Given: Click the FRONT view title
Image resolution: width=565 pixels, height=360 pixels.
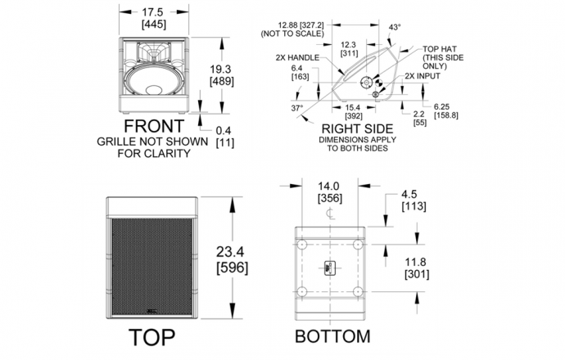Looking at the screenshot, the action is (154, 126).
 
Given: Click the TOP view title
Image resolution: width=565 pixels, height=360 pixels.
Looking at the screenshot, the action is (151, 337).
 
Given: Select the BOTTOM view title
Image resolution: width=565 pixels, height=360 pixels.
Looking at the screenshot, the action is (332, 336).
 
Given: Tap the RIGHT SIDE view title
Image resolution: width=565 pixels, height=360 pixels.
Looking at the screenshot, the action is (357, 129).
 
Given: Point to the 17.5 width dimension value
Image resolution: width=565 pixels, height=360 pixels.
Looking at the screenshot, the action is (152, 12).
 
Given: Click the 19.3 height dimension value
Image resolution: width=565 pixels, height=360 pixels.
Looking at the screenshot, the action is (220, 69).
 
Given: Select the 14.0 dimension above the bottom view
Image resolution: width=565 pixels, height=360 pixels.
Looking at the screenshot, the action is (328, 186).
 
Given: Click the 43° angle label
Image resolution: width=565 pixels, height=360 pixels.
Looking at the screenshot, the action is (395, 27).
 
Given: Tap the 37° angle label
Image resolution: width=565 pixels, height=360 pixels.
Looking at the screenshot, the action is (297, 108).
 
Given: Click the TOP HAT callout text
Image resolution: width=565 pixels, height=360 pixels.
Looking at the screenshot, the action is (440, 49).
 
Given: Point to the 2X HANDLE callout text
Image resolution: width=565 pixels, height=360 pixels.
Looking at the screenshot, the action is (297, 57).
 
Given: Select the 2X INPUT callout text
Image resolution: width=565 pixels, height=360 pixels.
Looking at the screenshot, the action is (423, 76).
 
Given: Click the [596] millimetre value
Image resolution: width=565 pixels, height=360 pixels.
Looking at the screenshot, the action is (232, 268).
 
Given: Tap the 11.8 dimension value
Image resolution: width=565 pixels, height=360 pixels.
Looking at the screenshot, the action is (415, 262).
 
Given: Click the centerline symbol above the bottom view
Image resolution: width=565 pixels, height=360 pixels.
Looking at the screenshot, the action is (330, 213).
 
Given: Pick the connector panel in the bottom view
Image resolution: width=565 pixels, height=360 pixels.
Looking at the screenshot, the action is (329, 268).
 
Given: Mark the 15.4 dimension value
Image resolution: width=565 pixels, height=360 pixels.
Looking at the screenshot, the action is (352, 108).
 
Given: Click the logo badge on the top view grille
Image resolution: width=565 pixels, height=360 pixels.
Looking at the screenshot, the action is (151, 312).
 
